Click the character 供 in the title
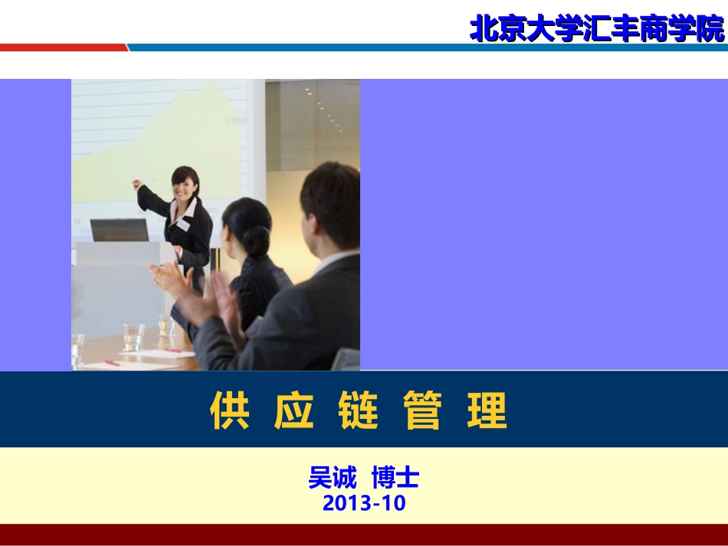230,410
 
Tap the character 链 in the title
358,410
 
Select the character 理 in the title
487,410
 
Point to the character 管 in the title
422,410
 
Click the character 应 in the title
294,410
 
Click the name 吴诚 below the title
332,479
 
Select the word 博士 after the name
395,479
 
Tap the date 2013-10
364,503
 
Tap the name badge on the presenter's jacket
184,225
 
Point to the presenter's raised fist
137,185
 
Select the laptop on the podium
119,230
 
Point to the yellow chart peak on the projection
222,100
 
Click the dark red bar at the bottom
364,534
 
